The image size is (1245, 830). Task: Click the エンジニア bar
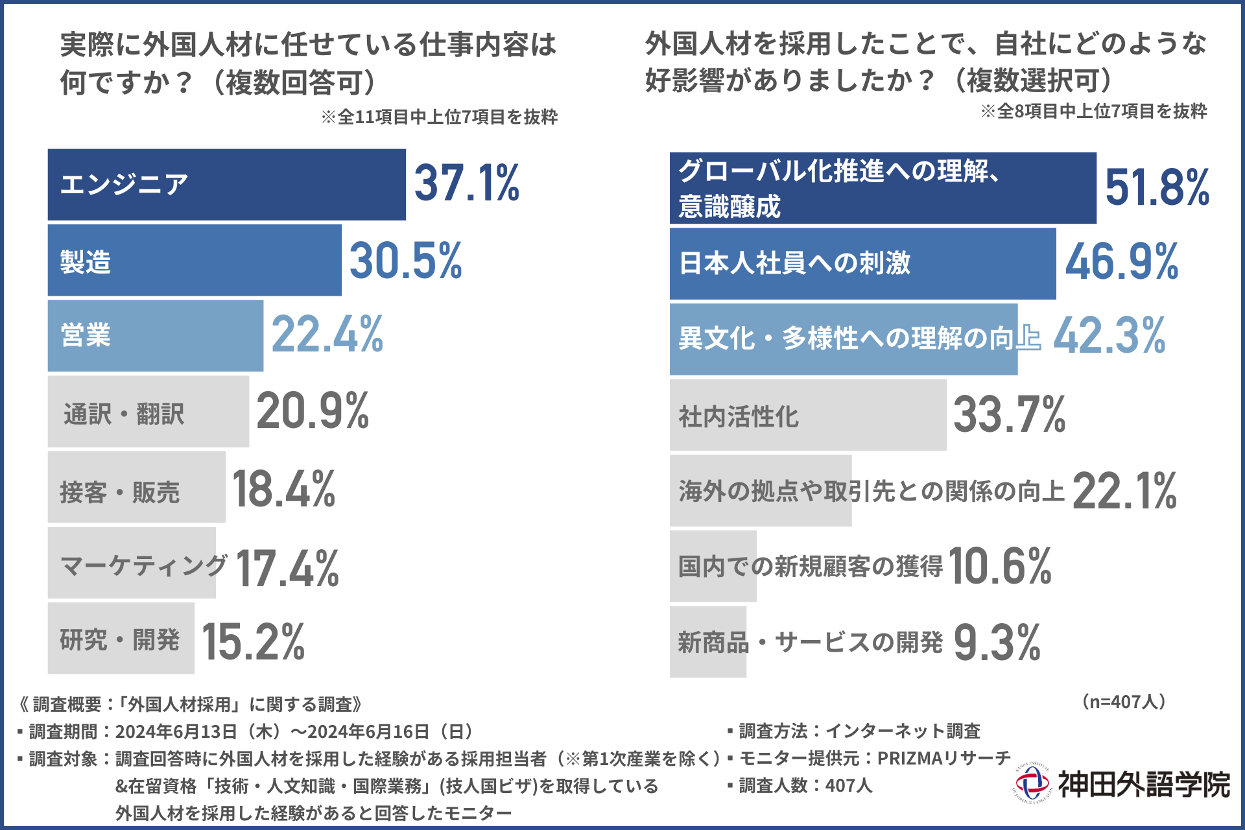pyautogui.click(x=226, y=185)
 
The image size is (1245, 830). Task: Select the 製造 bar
pyautogui.click(x=195, y=261)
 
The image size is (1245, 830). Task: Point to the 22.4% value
pyautogui.click(x=327, y=335)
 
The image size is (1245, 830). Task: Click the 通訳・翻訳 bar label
pyautogui.click(x=124, y=414)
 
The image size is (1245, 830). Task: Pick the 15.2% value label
pyautogui.click(x=254, y=642)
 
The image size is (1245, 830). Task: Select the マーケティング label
pyautogui.click(x=143, y=565)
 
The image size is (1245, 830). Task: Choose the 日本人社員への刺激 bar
pyautogui.click(x=862, y=263)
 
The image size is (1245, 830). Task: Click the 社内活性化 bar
pyautogui.click(x=808, y=415)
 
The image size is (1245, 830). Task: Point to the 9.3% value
pyautogui.click(x=997, y=643)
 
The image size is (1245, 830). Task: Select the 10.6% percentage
pyautogui.click(x=1000, y=567)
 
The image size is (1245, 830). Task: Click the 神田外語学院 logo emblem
pyautogui.click(x=1032, y=783)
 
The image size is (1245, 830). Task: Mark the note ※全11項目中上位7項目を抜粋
pyautogui.click(x=439, y=117)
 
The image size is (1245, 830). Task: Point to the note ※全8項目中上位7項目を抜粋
pyautogui.click(x=1093, y=111)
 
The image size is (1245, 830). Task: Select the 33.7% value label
pyautogui.click(x=1009, y=415)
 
